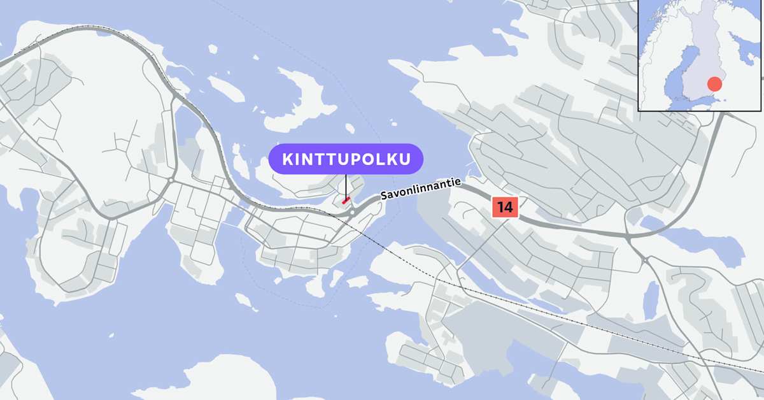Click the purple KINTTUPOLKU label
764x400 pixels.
point(346,159)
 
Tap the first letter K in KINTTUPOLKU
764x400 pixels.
point(288,159)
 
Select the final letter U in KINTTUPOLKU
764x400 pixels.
point(403,159)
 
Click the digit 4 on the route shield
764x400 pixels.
point(509,207)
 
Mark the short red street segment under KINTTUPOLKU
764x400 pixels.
point(346,200)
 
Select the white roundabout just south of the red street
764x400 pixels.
point(352,212)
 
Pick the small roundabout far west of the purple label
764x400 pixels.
point(171,181)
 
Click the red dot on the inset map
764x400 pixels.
point(714,84)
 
